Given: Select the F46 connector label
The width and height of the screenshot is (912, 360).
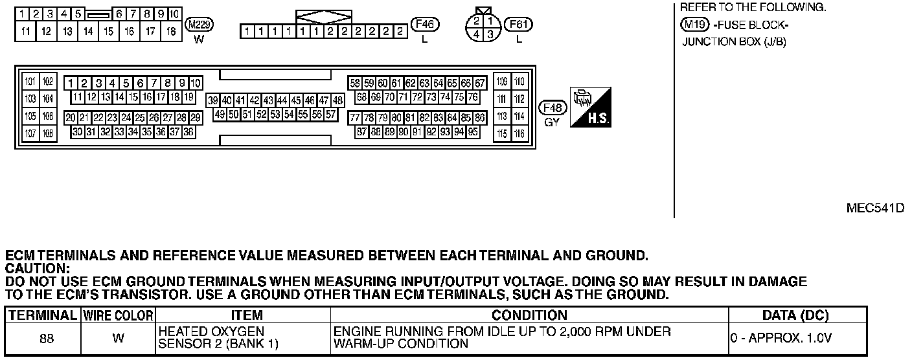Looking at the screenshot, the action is click(x=426, y=25).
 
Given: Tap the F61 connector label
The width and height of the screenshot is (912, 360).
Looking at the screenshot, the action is click(x=519, y=25).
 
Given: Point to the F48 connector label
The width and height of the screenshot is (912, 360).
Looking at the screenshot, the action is click(x=553, y=108).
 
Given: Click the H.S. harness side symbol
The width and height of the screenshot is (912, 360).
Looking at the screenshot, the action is click(x=591, y=107).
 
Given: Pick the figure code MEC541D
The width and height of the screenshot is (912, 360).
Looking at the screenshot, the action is click(x=874, y=208).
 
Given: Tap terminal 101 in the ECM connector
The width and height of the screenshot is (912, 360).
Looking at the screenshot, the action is click(x=30, y=82).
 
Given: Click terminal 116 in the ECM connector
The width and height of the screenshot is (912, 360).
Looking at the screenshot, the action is click(x=519, y=134).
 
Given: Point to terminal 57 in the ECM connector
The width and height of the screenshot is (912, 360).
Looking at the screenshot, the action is click(x=331, y=115).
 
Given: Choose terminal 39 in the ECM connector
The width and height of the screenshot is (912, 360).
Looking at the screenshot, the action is click(x=213, y=100).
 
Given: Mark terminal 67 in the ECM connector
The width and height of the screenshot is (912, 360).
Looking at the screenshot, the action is click(x=480, y=84).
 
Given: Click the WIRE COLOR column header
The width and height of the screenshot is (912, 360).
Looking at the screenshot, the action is click(x=118, y=316).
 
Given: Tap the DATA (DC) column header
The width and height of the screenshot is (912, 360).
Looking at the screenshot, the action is click(x=796, y=316).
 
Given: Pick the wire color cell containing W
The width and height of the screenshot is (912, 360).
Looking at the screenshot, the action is click(x=118, y=338).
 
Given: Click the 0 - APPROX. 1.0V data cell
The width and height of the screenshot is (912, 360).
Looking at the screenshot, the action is click(x=781, y=338).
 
